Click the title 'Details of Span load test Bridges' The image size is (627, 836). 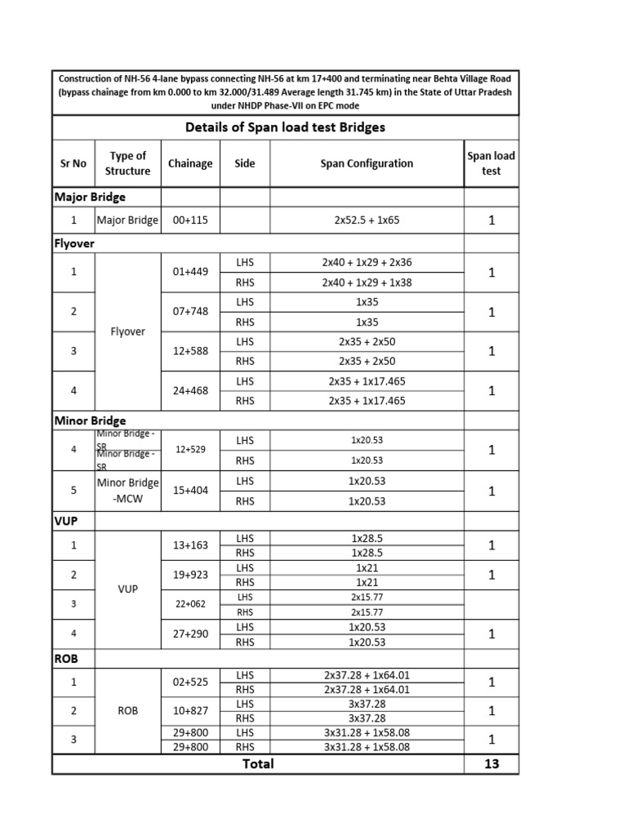coord(285,127)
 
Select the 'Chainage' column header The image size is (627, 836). coord(190,163)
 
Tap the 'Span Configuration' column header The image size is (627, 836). coord(367,163)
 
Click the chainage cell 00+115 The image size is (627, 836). coord(190,220)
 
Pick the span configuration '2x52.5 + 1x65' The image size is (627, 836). coord(367,220)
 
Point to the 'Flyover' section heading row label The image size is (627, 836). coord(74,243)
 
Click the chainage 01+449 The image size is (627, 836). coord(190,272)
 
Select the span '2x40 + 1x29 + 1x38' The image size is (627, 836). coord(367,282)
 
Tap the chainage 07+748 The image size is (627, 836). coord(190,312)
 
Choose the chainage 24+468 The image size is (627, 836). coord(190,390)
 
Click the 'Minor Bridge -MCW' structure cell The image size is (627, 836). coord(127,491)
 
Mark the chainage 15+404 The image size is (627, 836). coord(190,491)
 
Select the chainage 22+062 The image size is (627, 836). coord(190,603)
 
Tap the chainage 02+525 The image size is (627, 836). coord(190,681)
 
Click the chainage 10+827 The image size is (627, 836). coord(190,710)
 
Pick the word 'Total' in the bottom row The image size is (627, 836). coord(257,763)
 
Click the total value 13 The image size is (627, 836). coord(491,763)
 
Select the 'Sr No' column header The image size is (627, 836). coord(73,163)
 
